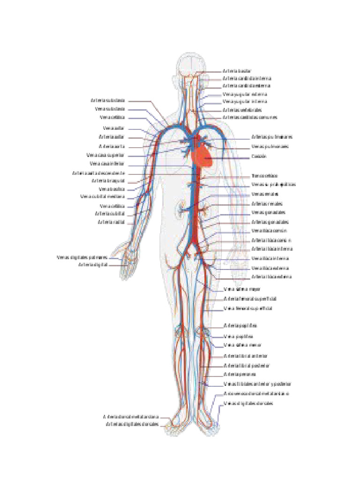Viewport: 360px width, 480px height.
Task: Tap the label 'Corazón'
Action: coord(259,156)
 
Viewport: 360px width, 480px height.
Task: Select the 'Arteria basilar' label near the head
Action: coord(237,71)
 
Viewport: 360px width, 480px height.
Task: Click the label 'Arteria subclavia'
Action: coord(108,100)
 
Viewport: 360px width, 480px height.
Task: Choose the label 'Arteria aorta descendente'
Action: coord(98,173)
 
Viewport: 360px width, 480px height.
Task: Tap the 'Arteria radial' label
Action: coord(111,222)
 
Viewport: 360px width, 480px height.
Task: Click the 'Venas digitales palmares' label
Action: coord(82,257)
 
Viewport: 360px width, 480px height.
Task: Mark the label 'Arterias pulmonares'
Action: coord(272,137)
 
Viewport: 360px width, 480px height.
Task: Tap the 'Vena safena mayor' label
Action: coord(242,289)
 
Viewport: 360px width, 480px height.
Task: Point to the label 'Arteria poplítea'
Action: coord(240,325)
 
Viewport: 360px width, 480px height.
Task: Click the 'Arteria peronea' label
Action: coord(240,374)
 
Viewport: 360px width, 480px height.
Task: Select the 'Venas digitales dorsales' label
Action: coord(248,403)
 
